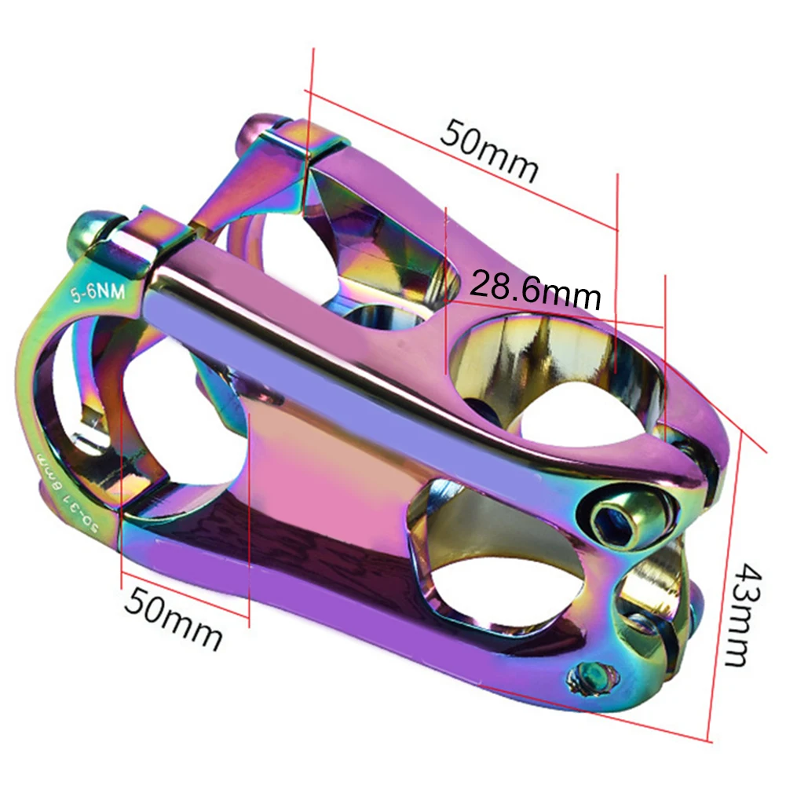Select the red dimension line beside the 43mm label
click(x=720, y=597)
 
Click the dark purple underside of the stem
click(x=314, y=565)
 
